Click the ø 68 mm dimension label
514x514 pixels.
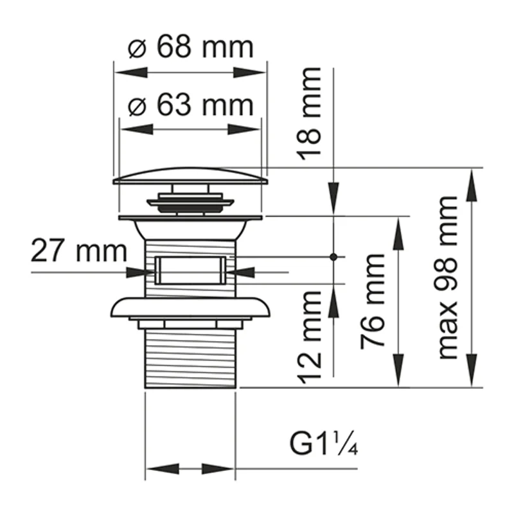(191, 47)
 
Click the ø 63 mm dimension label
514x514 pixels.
(191, 104)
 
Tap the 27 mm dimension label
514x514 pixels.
(78, 251)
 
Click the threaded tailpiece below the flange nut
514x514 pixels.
(190, 357)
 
